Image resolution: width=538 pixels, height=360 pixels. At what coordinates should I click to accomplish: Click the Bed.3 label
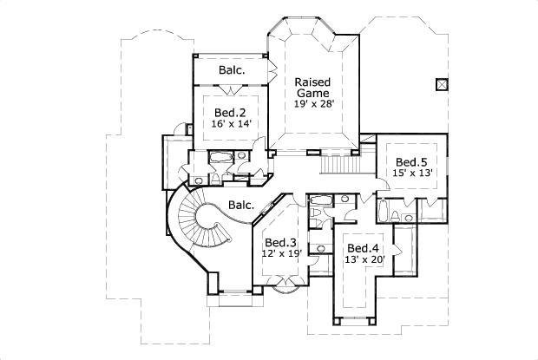click(x=280, y=242)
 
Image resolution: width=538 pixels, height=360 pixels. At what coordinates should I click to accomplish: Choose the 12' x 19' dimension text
click(x=280, y=254)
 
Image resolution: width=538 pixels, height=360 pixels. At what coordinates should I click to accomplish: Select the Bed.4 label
click(x=361, y=246)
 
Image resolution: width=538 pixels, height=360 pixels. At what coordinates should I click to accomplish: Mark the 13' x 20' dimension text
click(x=362, y=259)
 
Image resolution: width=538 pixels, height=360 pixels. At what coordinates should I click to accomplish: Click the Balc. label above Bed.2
click(x=230, y=69)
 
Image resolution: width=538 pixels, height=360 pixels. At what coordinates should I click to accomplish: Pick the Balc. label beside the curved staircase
click(x=240, y=206)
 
